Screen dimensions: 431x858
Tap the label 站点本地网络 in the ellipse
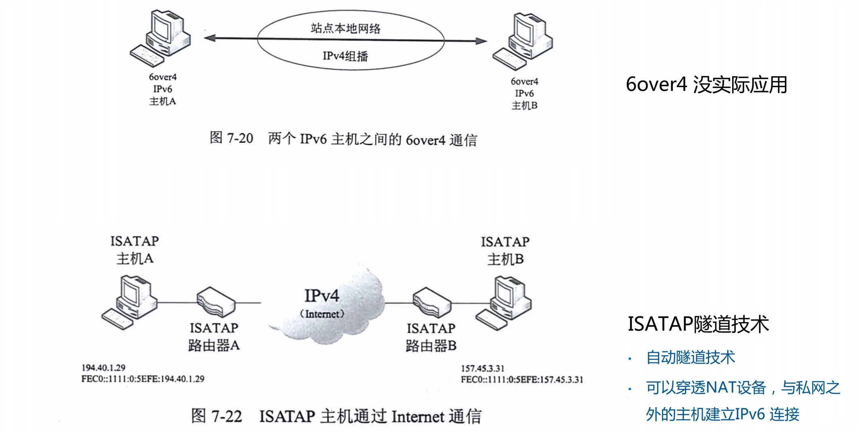pyautogui.click(x=346, y=28)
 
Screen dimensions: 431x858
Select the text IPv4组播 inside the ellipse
pyautogui.click(x=345, y=56)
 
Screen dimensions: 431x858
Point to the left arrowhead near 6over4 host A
pyautogui.click(x=210, y=38)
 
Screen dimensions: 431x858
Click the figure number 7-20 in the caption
pyautogui.click(x=240, y=138)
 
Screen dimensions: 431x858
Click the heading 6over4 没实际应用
pyautogui.click(x=706, y=85)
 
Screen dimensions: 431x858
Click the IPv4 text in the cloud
pyautogui.click(x=321, y=296)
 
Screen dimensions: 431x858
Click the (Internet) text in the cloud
pyautogui.click(x=322, y=314)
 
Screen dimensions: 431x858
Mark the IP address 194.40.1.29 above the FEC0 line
pyautogui.click(x=104, y=368)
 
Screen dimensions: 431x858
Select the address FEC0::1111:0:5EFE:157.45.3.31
pyautogui.click(x=522, y=380)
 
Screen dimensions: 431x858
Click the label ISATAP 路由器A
pyautogui.click(x=214, y=337)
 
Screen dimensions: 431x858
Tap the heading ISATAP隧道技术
pyautogui.click(x=698, y=324)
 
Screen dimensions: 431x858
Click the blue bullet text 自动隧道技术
pyautogui.click(x=690, y=358)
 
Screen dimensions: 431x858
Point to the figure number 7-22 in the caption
pyautogui.click(x=227, y=416)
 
